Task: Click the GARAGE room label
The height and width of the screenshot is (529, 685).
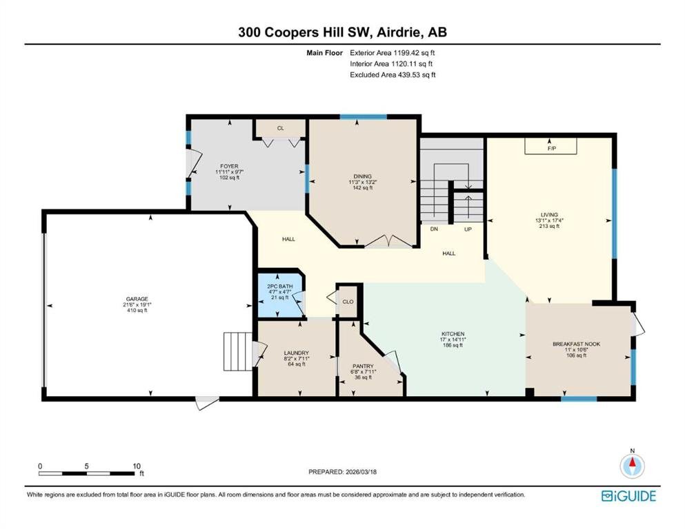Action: coord(137,299)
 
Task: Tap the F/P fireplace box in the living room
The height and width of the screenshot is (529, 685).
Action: coord(550,146)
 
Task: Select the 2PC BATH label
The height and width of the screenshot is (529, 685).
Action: coord(279,287)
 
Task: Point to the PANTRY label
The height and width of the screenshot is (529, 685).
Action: coord(363,366)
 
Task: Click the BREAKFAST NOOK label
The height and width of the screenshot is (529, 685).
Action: coord(576,344)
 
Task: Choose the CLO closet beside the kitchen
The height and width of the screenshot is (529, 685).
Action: coord(348,302)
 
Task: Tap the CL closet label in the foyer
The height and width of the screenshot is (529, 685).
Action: coord(281,128)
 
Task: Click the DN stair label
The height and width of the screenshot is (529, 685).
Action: coord(434,229)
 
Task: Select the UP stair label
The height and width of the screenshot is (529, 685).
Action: coord(468,229)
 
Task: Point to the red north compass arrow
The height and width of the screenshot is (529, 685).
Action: coord(632,462)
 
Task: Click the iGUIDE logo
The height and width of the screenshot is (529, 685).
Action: coord(628,497)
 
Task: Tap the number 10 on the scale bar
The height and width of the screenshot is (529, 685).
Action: coord(137,466)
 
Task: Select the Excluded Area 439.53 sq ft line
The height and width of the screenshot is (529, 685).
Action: coord(393,75)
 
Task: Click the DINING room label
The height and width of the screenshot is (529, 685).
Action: coord(363,176)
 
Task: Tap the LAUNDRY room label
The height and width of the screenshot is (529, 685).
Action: coord(296,353)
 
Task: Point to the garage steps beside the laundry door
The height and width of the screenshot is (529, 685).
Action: coord(238,351)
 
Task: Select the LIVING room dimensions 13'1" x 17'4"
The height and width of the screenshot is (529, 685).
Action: coord(549,220)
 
